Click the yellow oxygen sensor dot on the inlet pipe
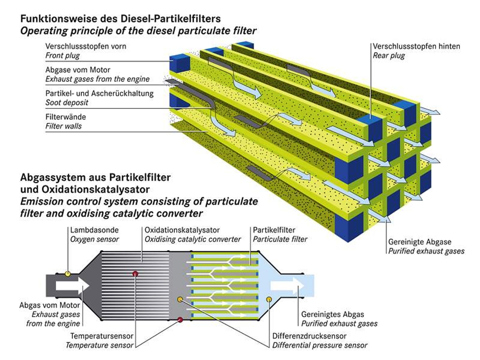pos(68,274)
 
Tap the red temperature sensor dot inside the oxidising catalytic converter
pos(135,274)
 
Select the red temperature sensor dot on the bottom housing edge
pos(180,320)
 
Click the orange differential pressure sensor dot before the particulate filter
pos(180,299)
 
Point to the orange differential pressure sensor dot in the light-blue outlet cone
pos(269,299)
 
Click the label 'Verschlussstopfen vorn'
pos(86,46)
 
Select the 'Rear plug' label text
pos(389,56)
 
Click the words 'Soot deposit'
pos(67,103)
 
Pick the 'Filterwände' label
pos(66,117)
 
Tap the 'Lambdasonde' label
pos(94,230)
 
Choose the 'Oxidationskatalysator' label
pos(182,230)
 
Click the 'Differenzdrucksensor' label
pos(309,336)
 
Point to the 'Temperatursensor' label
pos(102,336)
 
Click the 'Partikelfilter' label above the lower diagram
pos(274,230)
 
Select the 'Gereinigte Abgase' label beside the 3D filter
pos(419,242)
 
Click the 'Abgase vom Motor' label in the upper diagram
pos(78,70)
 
